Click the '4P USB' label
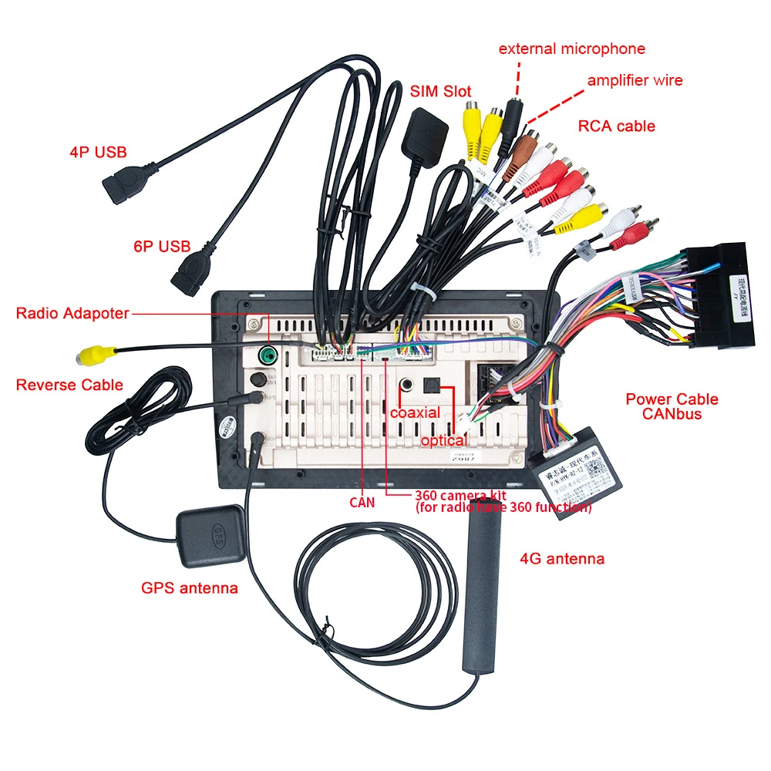click(x=98, y=152)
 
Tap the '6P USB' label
click(x=161, y=247)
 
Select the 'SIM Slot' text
click(x=440, y=91)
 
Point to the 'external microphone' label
click(x=571, y=49)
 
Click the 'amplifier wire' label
click(x=635, y=80)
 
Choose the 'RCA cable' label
click(x=616, y=126)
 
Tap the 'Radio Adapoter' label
click(x=72, y=313)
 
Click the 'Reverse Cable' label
click(x=69, y=384)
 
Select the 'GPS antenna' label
click(x=189, y=588)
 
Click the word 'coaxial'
click(x=415, y=412)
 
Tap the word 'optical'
click(x=443, y=440)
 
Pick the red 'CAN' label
click(x=362, y=503)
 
